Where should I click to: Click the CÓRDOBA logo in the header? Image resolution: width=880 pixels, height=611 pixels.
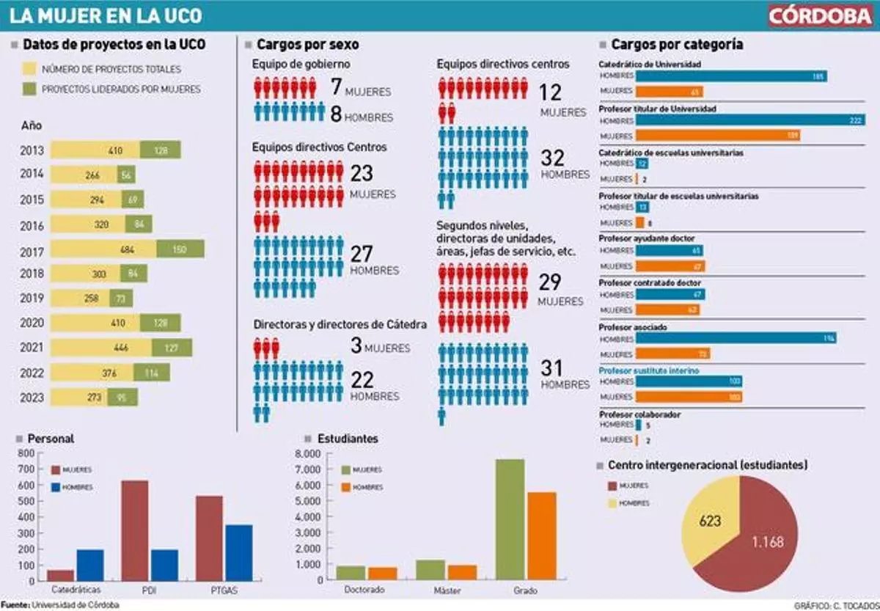click(820, 16)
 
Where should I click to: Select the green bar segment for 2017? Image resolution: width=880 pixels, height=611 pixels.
click(180, 249)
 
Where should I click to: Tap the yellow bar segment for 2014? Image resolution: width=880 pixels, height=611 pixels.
click(84, 175)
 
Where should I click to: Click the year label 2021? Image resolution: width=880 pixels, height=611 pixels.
click(32, 347)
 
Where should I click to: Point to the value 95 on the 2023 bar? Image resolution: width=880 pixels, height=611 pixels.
click(122, 398)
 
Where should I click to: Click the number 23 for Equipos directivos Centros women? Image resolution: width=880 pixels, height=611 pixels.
click(362, 173)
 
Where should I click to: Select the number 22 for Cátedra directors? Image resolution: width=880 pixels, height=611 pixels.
click(362, 379)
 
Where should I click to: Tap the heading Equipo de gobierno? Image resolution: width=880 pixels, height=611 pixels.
click(296, 65)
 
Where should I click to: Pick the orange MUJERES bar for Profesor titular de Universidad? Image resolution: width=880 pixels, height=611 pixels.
click(717, 136)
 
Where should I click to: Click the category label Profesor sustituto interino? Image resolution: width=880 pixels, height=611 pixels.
click(648, 371)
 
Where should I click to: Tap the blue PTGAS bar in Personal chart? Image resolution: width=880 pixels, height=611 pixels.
click(238, 552)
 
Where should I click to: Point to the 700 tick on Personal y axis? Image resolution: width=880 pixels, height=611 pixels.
click(26, 469)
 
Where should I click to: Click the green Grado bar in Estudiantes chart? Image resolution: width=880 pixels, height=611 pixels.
click(510, 519)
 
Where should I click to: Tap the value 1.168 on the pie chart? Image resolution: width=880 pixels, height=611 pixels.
click(767, 542)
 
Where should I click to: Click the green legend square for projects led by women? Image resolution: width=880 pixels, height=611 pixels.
click(30, 89)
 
